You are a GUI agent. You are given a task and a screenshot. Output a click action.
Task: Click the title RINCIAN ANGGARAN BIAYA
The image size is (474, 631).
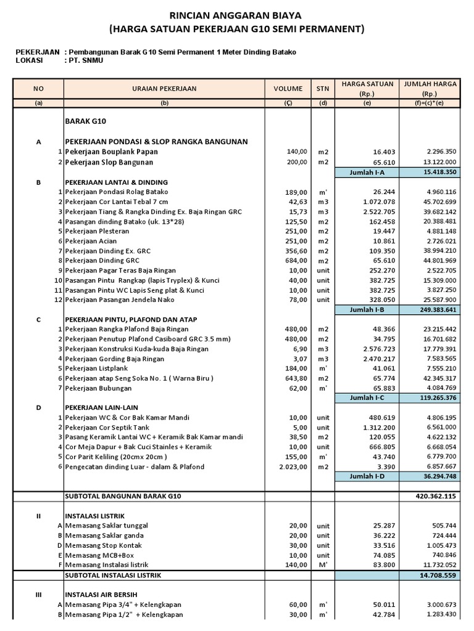pos(236,15)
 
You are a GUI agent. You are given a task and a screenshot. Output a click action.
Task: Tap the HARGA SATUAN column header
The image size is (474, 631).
pos(367,88)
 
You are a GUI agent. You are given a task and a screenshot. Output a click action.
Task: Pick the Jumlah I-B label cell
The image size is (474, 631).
pos(367,309)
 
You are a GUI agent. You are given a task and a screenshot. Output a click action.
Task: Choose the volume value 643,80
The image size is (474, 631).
pos(295,378)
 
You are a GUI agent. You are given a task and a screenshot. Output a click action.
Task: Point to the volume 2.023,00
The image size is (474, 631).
pos(293,466)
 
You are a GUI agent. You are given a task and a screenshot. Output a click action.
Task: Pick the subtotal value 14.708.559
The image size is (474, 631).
pos(438,576)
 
